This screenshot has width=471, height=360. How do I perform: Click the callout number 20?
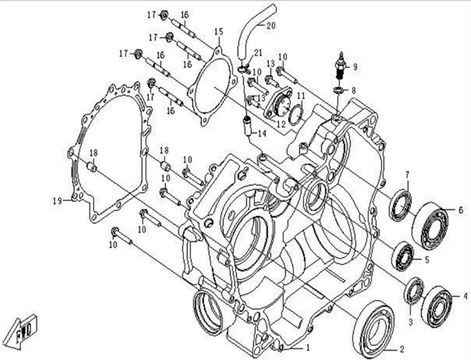tap(271, 27)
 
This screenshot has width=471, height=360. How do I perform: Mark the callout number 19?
tap(56, 200)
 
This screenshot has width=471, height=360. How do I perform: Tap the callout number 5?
tap(426, 259)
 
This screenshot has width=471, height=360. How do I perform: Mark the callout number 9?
tap(355, 67)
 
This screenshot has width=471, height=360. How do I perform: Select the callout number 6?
tap(459, 210)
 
